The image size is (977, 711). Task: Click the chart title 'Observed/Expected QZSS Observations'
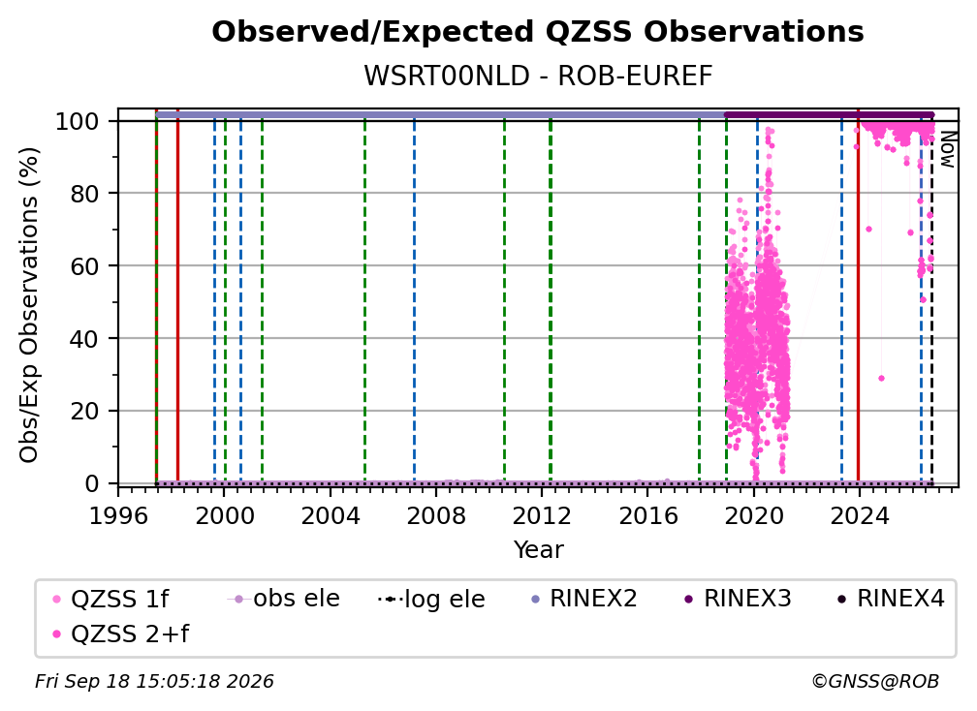click(538, 32)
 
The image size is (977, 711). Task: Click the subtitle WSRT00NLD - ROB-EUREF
click(538, 77)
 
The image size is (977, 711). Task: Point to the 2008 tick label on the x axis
click(435, 515)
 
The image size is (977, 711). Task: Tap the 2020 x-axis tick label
click(753, 515)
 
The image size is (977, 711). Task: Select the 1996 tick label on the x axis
click(118, 515)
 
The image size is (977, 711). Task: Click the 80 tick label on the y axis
click(84, 194)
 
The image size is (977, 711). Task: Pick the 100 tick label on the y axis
click(78, 121)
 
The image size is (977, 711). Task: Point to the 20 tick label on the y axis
click(84, 411)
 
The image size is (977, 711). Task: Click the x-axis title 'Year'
click(538, 550)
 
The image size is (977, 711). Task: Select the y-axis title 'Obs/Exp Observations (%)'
click(29, 304)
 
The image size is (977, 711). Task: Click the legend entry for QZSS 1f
click(110, 599)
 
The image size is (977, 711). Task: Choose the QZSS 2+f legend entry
click(121, 634)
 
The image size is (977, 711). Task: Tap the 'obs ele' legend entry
click(284, 599)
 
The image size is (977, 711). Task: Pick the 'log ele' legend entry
click(431, 599)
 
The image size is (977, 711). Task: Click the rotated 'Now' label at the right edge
click(947, 149)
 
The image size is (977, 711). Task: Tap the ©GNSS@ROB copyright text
click(875, 681)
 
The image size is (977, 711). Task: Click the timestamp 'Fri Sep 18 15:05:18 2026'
click(154, 681)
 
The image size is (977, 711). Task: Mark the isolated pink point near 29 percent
click(881, 378)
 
